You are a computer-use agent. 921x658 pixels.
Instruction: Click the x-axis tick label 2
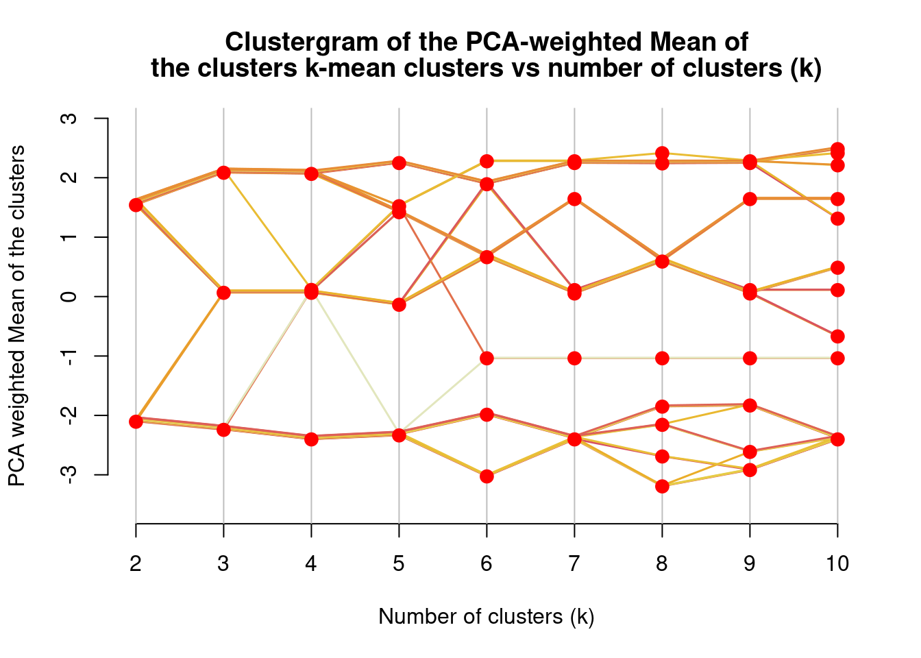[136, 564]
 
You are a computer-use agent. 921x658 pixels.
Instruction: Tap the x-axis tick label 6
[487, 564]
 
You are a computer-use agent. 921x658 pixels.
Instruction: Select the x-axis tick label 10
[837, 564]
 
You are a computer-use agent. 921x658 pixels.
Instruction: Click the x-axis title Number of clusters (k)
[487, 616]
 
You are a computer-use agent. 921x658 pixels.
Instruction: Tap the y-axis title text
[17, 316]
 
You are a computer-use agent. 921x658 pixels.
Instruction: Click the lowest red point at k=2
[136, 422]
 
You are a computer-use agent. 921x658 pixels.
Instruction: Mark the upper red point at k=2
[136, 205]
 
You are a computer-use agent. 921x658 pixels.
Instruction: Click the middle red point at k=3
[223, 293]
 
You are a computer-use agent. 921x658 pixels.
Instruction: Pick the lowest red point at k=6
[487, 476]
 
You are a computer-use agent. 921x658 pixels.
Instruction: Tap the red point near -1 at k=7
[574, 358]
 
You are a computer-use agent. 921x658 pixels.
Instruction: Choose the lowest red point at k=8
[662, 487]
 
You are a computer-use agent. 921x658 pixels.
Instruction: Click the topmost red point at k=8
[662, 154]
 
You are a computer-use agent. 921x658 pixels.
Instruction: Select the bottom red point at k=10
[837, 439]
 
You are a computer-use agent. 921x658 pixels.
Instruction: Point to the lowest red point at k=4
[311, 439]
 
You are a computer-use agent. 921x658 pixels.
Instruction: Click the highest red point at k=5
[399, 162]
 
